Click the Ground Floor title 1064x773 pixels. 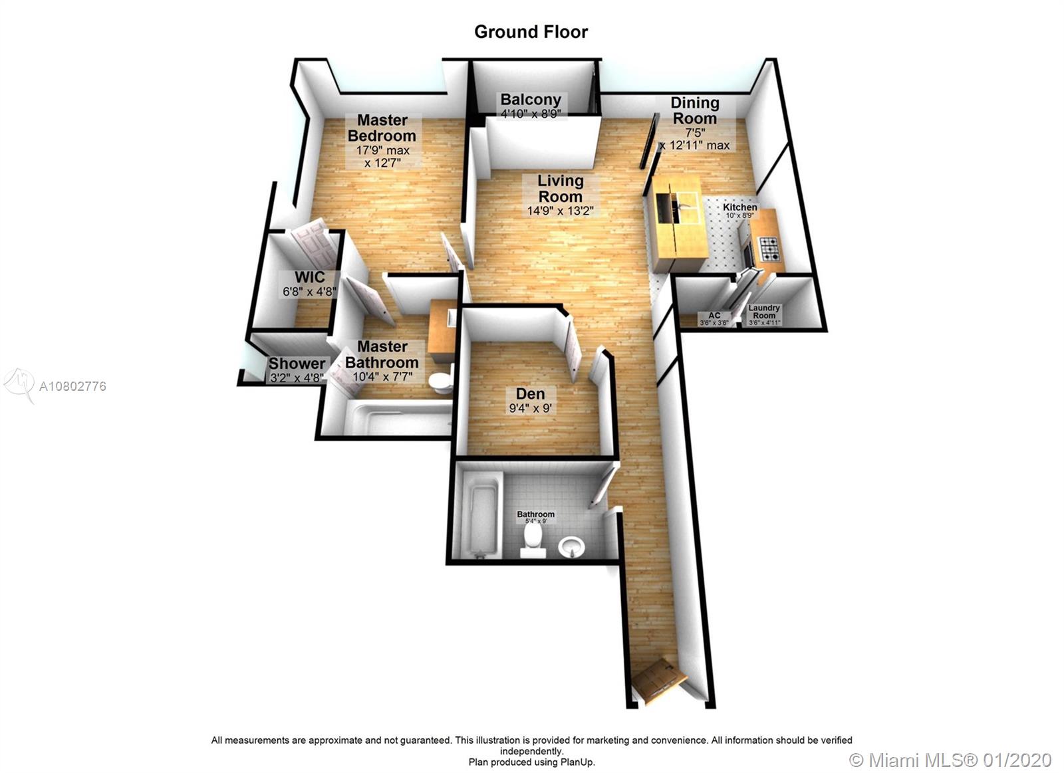[531, 32]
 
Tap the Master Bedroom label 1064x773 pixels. [382, 127]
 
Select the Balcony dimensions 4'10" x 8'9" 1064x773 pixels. [531, 114]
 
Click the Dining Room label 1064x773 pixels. [694, 110]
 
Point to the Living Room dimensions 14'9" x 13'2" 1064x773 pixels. [561, 211]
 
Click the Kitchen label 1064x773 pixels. [740, 207]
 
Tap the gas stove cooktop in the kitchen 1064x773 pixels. [769, 249]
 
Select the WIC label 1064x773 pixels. [310, 276]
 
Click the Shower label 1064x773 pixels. [297, 363]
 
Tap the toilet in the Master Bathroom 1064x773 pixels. [441, 383]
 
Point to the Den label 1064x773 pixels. [531, 393]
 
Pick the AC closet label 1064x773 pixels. [714, 315]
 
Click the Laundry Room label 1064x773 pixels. [764, 312]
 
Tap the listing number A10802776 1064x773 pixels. [72, 386]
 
